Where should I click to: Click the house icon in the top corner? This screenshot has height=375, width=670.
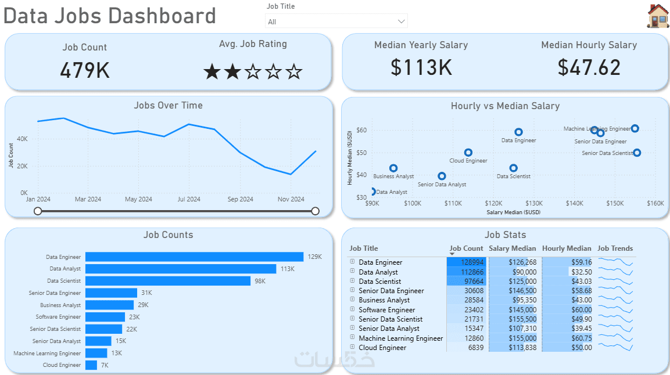[x=658, y=16]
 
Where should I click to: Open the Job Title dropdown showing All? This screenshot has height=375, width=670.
[x=336, y=21]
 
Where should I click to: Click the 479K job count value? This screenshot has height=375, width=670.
[x=85, y=70]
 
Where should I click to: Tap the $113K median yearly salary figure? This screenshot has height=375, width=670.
[x=421, y=67]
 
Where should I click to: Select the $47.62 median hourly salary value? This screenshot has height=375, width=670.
[x=589, y=67]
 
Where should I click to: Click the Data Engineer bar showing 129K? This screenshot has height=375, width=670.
[x=194, y=257]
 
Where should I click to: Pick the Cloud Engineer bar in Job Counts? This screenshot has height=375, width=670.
[x=91, y=365]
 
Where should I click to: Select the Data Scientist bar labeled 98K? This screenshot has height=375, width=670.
[x=168, y=281]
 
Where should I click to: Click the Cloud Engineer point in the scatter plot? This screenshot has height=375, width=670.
[x=468, y=153]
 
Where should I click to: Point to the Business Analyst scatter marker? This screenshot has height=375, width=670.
[x=393, y=168]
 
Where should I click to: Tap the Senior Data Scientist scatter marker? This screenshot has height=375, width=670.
[x=637, y=153]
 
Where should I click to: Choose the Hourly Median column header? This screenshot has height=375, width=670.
[x=567, y=248]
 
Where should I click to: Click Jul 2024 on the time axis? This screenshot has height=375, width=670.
[x=189, y=199]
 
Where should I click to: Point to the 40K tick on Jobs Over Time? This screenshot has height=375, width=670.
[x=22, y=139]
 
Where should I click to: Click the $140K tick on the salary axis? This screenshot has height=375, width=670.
[x=575, y=204]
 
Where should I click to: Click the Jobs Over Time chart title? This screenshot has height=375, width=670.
[x=169, y=105]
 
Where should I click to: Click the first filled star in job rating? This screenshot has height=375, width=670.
[x=212, y=72]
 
